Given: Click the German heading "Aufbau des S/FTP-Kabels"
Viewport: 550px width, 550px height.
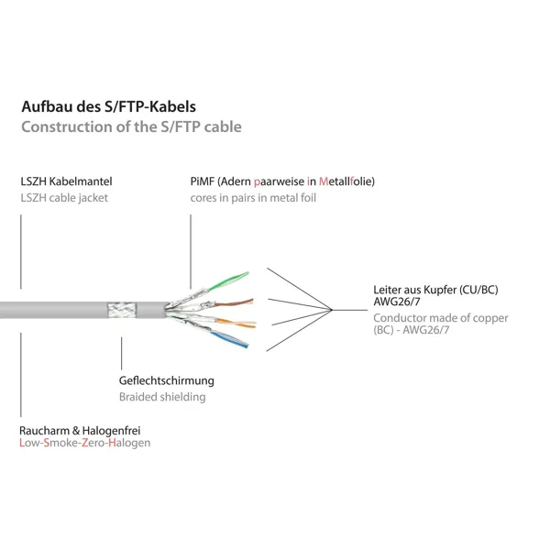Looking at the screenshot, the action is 109,106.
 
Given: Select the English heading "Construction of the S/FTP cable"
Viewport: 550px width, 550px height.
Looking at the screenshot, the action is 131,127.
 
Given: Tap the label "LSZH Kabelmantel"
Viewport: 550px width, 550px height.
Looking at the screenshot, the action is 66,181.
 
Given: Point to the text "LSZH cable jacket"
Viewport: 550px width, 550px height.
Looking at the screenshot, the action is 64,198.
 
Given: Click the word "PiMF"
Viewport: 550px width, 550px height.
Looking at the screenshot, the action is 202,181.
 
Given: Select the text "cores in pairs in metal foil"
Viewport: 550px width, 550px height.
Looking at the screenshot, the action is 253,198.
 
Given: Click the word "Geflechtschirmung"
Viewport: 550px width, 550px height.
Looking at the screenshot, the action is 167,380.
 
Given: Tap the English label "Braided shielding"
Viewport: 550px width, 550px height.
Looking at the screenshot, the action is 162,397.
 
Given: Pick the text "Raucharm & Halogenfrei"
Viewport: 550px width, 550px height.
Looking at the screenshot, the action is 80,431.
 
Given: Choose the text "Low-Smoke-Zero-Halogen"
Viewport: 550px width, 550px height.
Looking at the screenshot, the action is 85,443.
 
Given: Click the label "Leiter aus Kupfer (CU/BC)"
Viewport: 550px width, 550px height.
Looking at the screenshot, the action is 435,290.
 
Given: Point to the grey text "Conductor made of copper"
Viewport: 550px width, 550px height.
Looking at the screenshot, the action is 441,318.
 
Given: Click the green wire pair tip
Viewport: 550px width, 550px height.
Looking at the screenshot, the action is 247,273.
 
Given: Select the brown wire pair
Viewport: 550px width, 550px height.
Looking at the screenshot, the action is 233,302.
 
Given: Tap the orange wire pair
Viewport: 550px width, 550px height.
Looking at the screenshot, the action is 236,323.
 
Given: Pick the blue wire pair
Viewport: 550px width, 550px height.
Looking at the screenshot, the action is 229,339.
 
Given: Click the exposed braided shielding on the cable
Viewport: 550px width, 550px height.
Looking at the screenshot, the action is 121,310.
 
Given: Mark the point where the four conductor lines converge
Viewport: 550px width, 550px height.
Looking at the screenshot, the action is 332,310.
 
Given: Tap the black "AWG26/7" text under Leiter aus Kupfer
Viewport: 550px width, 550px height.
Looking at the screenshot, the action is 397,302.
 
